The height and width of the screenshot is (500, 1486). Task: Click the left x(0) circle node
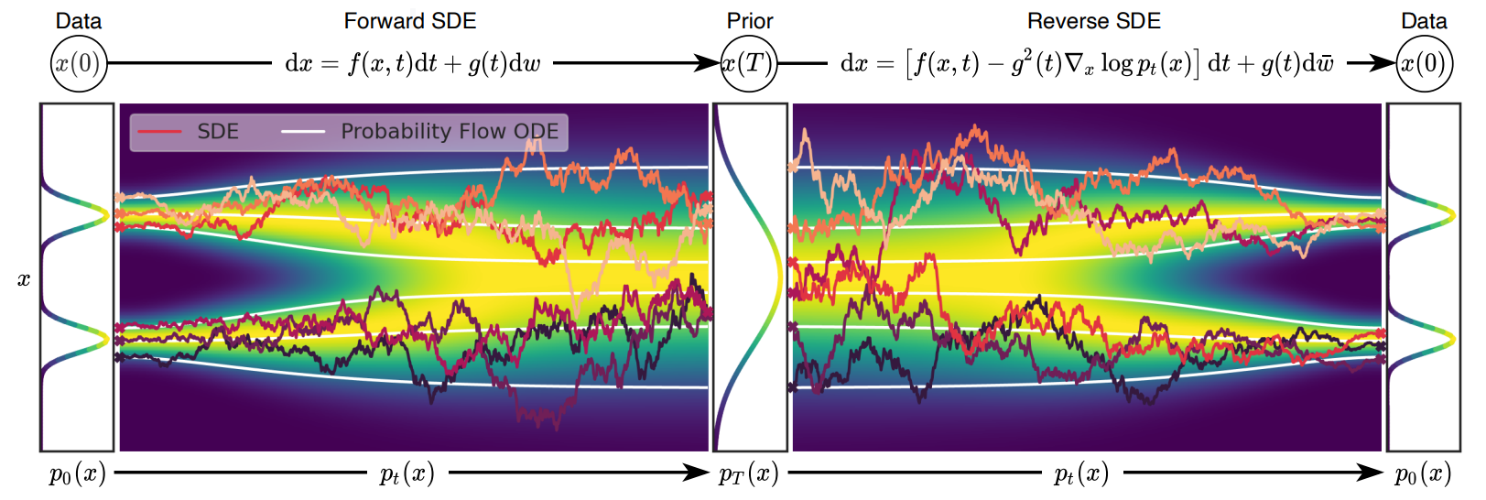coord(78,63)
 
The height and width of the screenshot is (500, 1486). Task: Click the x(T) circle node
coord(748,63)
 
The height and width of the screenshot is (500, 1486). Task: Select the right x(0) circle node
coord(1423,63)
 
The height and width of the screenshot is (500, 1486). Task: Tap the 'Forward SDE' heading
coord(409,21)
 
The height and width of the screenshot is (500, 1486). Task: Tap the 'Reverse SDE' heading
coord(1093,21)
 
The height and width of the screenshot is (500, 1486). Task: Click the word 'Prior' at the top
coord(749,21)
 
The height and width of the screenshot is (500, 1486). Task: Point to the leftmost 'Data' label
coord(79,21)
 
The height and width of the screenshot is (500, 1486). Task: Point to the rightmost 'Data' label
coord(1424,21)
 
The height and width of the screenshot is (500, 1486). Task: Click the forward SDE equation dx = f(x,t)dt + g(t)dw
coord(413,63)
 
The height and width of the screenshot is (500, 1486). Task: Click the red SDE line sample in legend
coord(159,132)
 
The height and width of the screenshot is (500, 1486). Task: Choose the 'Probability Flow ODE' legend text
coord(450,132)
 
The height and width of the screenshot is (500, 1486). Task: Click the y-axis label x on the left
coord(24,279)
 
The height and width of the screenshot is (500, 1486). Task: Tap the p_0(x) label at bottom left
coord(77,473)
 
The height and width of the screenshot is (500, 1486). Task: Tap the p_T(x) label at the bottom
coord(748,473)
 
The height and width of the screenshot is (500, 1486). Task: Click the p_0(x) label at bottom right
coord(1423,473)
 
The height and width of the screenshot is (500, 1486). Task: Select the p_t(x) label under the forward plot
coord(407,473)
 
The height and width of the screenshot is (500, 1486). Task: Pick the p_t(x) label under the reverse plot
coord(1081,473)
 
